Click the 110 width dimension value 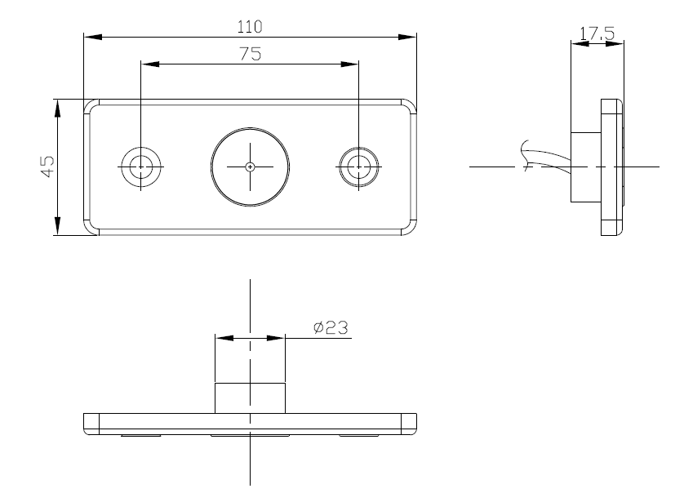[x=250, y=26]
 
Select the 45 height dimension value [x=47, y=167]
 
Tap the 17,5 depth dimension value [x=597, y=33]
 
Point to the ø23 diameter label [x=331, y=328]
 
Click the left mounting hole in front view [x=140, y=166]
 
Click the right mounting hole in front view [x=358, y=166]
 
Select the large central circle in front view [x=250, y=166]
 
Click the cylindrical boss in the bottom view [x=250, y=397]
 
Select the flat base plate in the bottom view [x=250, y=422]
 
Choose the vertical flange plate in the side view [x=611, y=167]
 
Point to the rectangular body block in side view [x=584, y=167]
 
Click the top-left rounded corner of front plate [x=91, y=105]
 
